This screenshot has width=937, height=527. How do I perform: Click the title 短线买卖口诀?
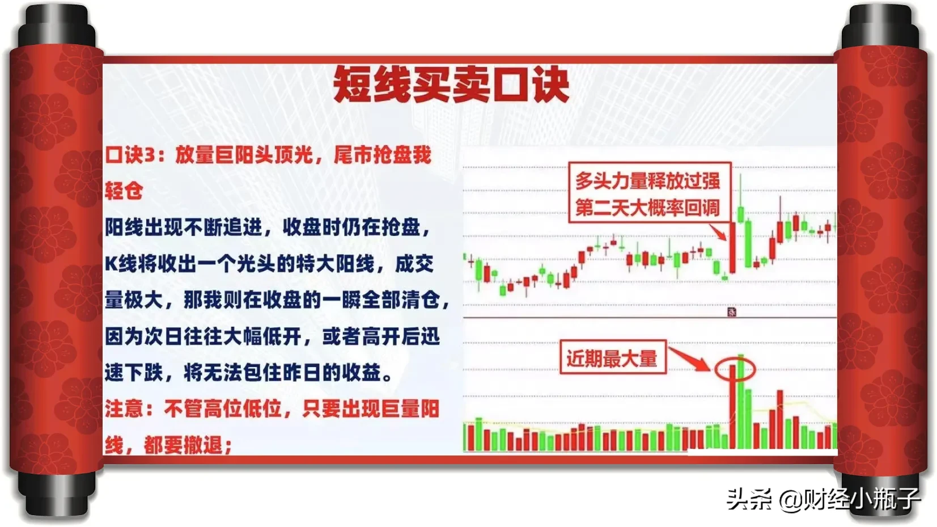click(x=451, y=85)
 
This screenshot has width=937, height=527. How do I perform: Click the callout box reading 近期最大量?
click(x=613, y=357)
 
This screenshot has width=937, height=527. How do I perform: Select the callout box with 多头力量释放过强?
click(x=650, y=192)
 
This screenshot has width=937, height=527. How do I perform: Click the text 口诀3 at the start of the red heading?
click(x=130, y=155)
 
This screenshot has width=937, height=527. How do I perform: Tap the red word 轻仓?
click(x=124, y=191)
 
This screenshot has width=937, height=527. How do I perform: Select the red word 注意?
click(x=124, y=409)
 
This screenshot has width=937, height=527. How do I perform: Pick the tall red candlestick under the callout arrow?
click(x=732, y=247)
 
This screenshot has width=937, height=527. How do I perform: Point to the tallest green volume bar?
click(x=741, y=402)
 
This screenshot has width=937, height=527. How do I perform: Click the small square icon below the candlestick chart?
click(x=732, y=311)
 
